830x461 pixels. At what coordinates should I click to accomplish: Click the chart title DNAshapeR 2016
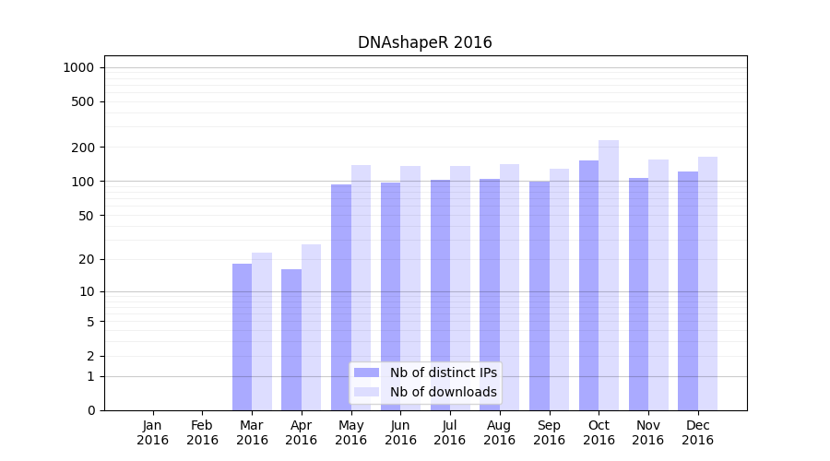click(424, 42)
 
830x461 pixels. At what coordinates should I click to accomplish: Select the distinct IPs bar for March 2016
click(242, 337)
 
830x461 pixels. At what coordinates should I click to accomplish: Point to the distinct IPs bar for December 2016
click(688, 290)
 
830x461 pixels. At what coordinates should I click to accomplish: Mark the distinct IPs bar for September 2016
click(539, 295)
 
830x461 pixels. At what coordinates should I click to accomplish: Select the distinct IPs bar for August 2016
click(490, 294)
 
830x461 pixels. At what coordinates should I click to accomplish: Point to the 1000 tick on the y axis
click(78, 67)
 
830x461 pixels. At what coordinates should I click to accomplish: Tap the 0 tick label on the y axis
click(91, 410)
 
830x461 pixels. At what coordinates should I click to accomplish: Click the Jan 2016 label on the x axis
click(153, 432)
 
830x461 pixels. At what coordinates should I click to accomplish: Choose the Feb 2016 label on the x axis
click(203, 432)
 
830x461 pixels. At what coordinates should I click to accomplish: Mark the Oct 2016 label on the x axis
click(599, 432)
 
